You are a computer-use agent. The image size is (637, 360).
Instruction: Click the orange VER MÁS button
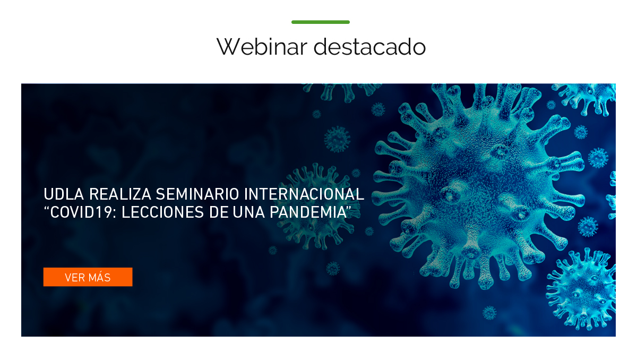[x=88, y=277]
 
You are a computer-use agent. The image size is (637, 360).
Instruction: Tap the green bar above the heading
[x=321, y=22]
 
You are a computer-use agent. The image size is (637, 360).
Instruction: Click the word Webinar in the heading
[x=262, y=46]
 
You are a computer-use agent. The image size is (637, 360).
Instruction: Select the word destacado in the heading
[x=369, y=46]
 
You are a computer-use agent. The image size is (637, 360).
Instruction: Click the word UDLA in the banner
[x=64, y=194]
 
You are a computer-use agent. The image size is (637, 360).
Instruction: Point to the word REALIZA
[x=120, y=194]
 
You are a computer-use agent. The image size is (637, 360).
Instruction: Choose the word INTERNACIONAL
[x=304, y=194]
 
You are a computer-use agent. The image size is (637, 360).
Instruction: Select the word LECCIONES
[x=162, y=212]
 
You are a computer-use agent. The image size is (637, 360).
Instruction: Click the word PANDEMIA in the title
[x=308, y=212]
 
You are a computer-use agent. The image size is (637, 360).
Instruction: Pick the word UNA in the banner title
[x=248, y=212]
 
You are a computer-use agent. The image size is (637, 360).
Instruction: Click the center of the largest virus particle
[x=478, y=186]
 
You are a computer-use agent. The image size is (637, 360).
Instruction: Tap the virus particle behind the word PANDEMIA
[x=316, y=206]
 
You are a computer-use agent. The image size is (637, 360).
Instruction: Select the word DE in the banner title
[x=219, y=212]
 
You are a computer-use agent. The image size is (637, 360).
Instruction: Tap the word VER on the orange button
[x=74, y=278]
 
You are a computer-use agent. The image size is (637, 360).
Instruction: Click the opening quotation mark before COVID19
[x=47, y=209]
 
